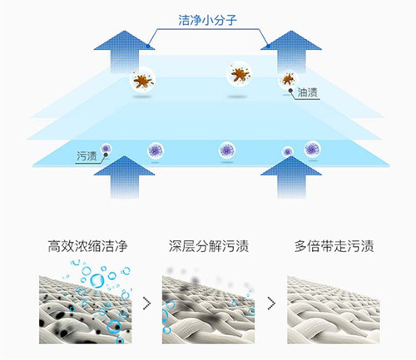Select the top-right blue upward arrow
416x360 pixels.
(290, 53)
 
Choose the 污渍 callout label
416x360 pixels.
(87, 155)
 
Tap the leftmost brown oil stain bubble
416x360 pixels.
(143, 81)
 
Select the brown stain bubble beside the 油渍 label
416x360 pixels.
(287, 78)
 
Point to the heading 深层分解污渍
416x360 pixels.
(208, 247)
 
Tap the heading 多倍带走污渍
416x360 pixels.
(334, 247)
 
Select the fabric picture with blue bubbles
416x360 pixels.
(82, 304)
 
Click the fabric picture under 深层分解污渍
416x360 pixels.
(208, 304)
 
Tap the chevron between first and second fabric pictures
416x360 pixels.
(146, 304)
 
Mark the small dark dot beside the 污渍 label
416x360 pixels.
(106, 150)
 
